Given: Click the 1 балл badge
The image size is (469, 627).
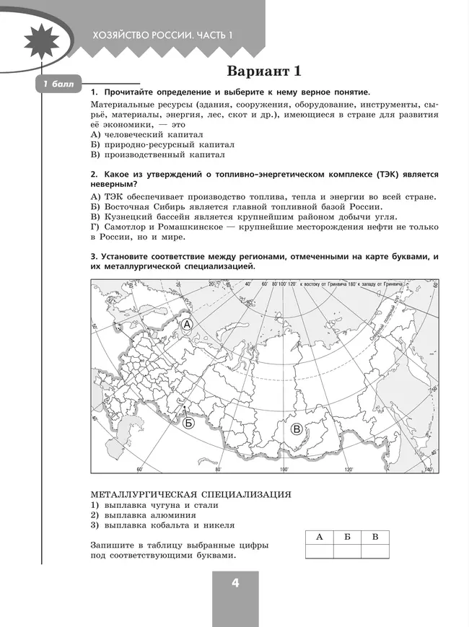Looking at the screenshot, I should coord(58,86).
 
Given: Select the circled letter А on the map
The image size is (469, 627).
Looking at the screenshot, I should coord(186,325).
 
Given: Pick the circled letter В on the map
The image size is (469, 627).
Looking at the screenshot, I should coord(296,430).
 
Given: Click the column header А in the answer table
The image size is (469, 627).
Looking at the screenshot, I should coord(319,537).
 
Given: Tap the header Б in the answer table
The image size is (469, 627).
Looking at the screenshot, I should coord(347,537).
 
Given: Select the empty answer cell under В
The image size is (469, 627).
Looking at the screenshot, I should coord(374,551).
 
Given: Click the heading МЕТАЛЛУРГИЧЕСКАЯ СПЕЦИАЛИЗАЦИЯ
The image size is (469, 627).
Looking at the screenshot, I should coord(190,494).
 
